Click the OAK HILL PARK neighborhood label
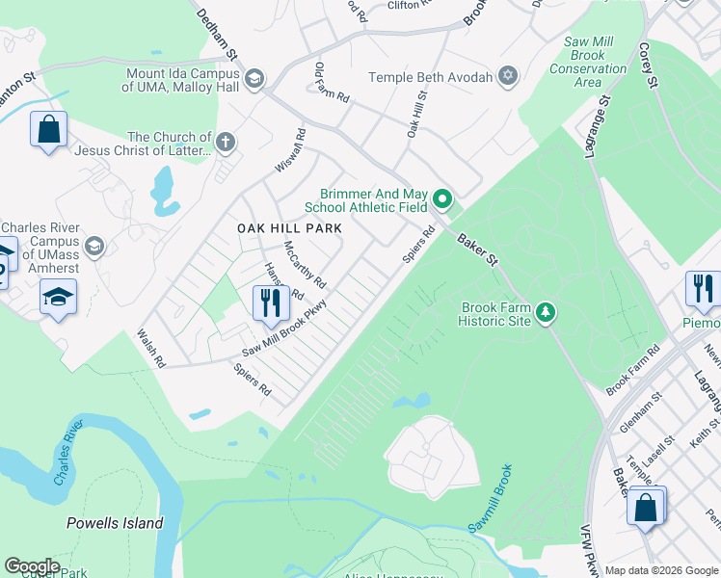tap(290, 228)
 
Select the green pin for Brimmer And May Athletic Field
tap(442, 199)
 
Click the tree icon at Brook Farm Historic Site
tap(547, 310)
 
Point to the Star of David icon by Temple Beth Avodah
tap(508, 76)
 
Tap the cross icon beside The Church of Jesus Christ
tap(226, 144)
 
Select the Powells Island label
tap(115, 524)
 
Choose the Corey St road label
tap(647, 66)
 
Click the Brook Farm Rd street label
tap(631, 370)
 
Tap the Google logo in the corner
tap(32, 566)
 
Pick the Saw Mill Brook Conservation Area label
tap(588, 62)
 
